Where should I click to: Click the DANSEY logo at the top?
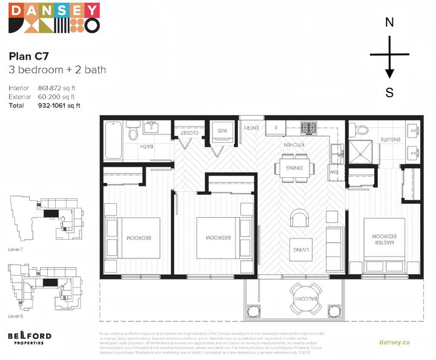coord(54,18)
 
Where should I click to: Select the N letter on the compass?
coord(389,22)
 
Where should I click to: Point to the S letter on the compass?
coord(389,93)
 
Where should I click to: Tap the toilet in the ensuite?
coord(362,129)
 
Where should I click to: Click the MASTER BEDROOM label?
coord(384,240)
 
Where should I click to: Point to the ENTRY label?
coord(251,128)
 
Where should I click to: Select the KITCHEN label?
coord(293,145)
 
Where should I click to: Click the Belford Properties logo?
coord(29,338)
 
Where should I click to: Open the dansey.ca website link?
coord(394,342)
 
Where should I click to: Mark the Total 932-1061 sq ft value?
coord(59,105)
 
